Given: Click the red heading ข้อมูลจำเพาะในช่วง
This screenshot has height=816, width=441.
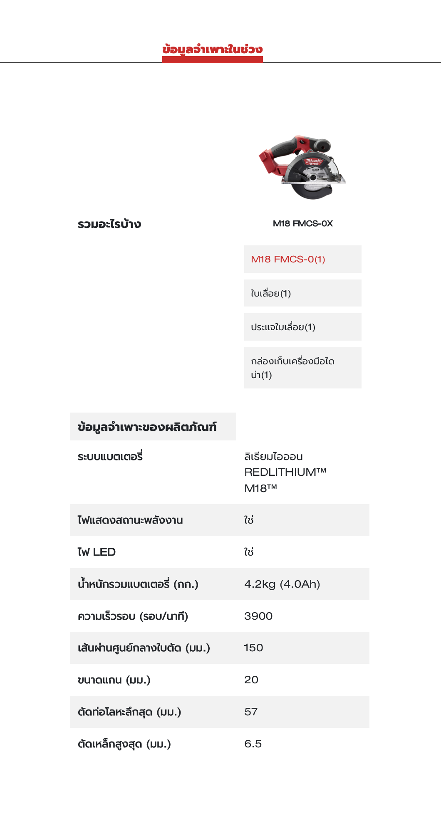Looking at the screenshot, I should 212,49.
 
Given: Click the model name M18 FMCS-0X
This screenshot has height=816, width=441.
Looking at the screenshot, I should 302,223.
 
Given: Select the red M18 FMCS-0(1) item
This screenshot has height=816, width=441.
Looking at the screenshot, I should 288,259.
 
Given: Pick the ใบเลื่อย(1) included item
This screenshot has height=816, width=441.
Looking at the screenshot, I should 271,293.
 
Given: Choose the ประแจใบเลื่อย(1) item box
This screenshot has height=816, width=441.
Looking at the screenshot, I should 283,327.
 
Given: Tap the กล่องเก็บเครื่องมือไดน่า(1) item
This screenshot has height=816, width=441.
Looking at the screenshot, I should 292,368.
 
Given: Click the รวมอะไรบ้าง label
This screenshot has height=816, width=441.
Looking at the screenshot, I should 109,224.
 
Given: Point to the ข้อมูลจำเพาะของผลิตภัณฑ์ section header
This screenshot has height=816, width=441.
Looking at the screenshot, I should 147,427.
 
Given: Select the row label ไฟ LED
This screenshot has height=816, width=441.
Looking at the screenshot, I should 97,552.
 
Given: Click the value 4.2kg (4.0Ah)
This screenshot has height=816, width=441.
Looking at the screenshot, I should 282,584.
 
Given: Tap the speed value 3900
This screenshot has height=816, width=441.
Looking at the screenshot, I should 258,616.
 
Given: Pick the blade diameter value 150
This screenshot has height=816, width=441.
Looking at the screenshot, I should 253,648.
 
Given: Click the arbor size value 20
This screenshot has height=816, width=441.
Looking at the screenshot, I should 251,680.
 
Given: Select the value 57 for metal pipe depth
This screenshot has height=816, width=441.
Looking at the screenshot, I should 251,712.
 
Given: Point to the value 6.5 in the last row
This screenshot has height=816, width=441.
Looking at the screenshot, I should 253,744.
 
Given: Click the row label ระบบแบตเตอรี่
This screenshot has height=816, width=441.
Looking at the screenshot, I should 110,457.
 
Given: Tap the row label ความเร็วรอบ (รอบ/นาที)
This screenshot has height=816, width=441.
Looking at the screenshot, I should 133,616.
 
